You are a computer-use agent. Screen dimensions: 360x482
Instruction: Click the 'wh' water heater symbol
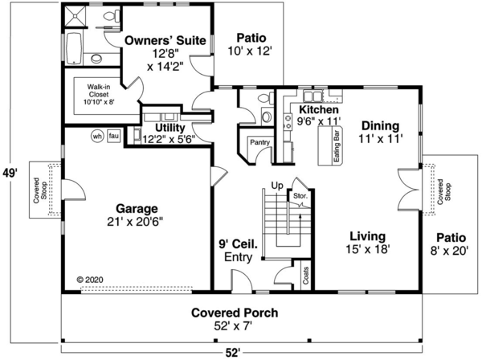pyautogui.click(x=98, y=135)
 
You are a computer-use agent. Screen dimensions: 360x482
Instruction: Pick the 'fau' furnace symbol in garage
pyautogui.click(x=114, y=135)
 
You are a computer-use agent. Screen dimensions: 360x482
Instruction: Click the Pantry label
pyautogui.click(x=259, y=142)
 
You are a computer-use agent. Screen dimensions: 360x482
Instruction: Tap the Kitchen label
pyautogui.click(x=319, y=109)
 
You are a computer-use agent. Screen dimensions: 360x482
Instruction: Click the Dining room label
pyautogui.click(x=381, y=125)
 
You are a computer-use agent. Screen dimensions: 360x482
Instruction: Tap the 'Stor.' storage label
pyautogui.click(x=300, y=194)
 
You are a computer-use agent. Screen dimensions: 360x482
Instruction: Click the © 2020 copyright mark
pyautogui.click(x=91, y=280)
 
